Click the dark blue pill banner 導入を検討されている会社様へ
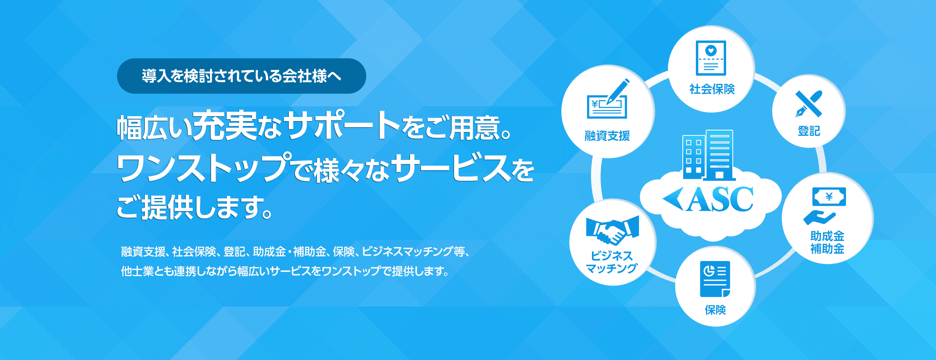pos(241,76)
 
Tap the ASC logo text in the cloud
pos(720,200)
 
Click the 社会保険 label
pos(712,89)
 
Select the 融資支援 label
pos(607,136)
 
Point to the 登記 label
pos(809,131)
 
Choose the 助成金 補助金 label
pos(827,242)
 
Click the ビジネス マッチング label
pos(612,262)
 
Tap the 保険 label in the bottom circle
pos(715,310)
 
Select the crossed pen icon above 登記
pos(808,103)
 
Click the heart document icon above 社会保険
pos(711,58)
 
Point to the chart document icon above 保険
pos(715,279)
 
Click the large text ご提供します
pos(194,207)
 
